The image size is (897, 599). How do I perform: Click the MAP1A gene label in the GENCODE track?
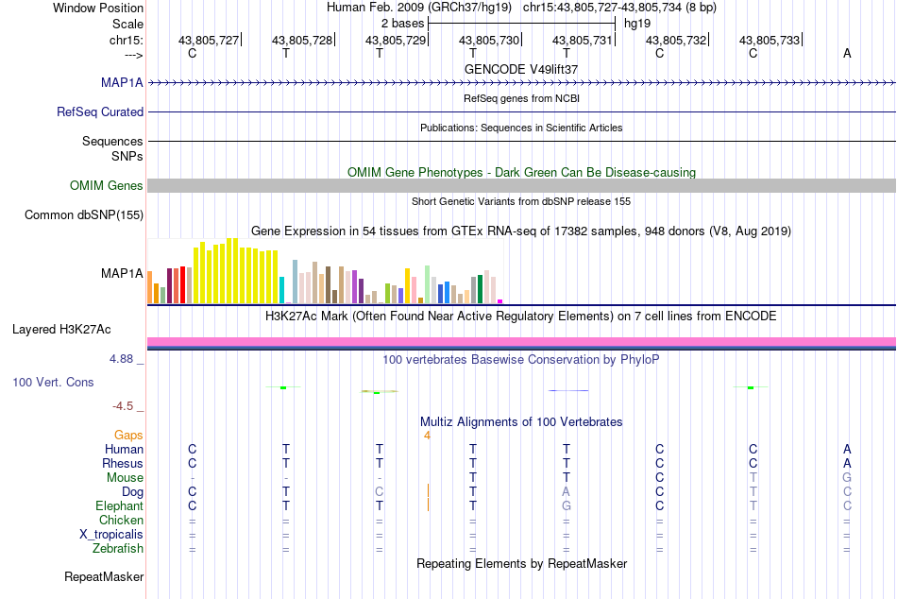tap(122, 82)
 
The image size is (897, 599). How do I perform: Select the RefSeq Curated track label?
tap(100, 111)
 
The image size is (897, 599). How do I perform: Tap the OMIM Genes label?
tap(107, 185)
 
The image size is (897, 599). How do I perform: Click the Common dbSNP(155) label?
tap(84, 214)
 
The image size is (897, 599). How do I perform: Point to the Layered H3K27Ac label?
tap(61, 330)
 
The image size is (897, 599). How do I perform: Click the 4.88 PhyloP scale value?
tap(121, 359)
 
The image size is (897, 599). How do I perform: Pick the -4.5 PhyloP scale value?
tap(123, 406)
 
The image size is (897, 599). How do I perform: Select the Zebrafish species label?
tap(118, 549)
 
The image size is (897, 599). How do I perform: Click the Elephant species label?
tap(120, 506)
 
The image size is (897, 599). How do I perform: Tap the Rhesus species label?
tap(123, 463)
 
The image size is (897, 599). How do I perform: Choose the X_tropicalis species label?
tap(111, 535)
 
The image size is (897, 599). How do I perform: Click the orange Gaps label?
tap(128, 436)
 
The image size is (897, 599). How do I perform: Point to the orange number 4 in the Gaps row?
tap(427, 436)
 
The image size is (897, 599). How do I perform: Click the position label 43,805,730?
tap(489, 40)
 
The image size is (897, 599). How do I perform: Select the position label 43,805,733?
tap(770, 40)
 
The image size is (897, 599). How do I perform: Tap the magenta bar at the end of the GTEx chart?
tap(500, 301)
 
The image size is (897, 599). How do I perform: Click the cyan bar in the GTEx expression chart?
tap(282, 290)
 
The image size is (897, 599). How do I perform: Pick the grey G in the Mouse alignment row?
tap(847, 478)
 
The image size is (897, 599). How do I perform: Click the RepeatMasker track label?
tap(104, 576)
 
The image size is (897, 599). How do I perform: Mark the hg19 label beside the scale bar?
tap(637, 24)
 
